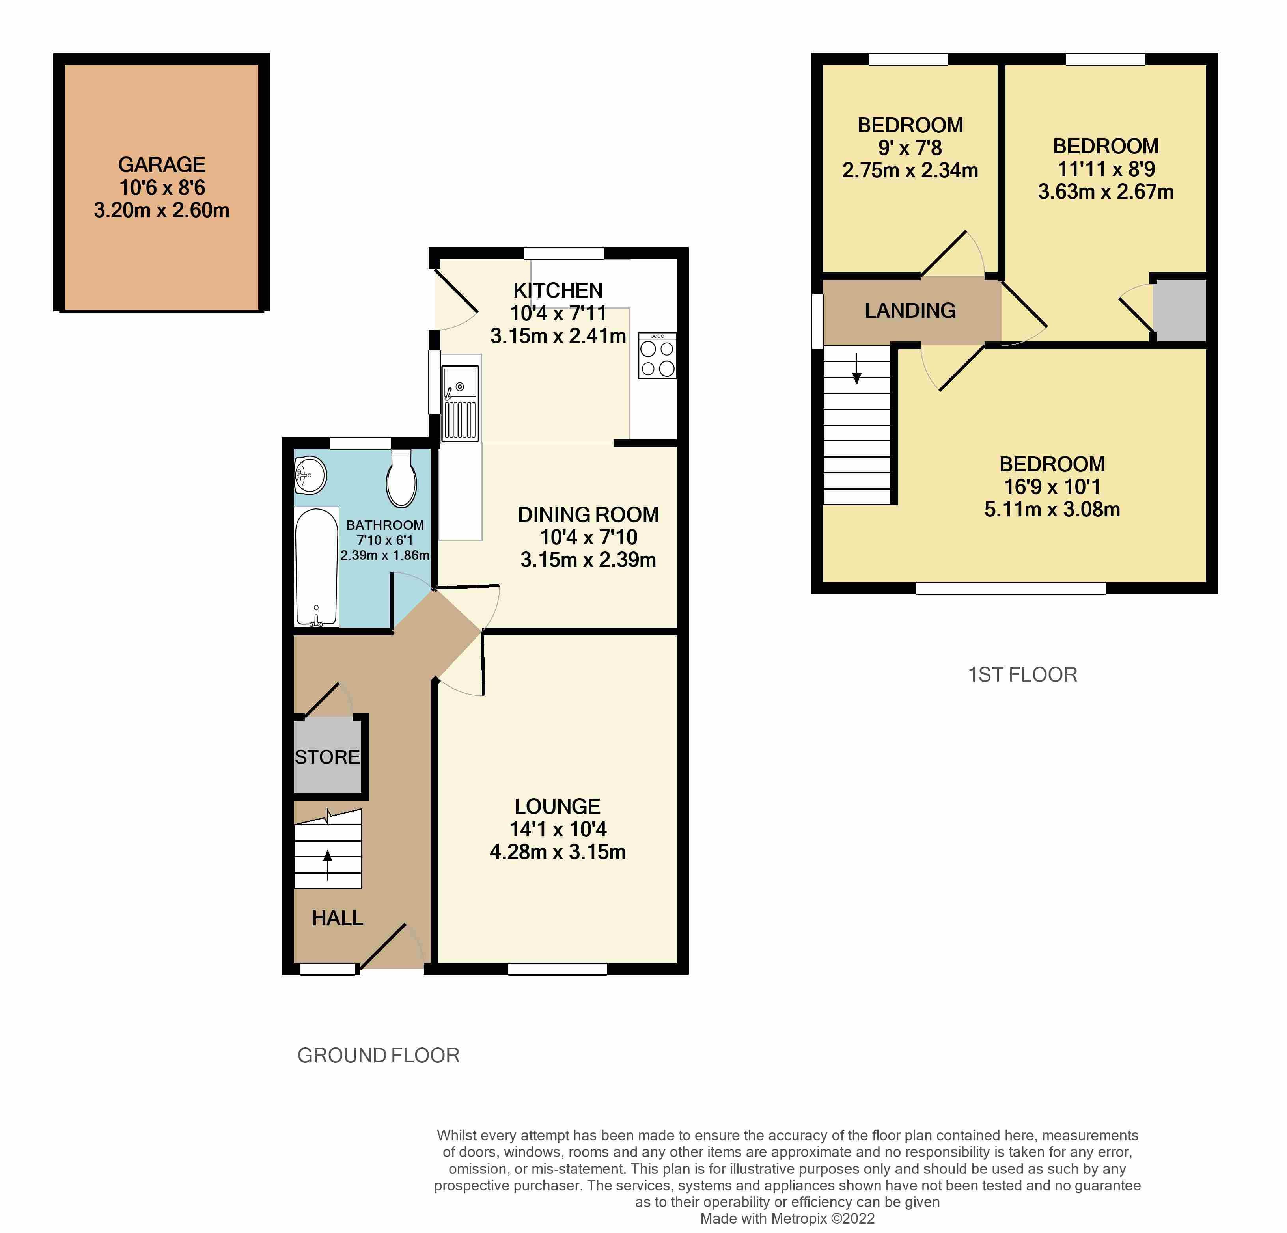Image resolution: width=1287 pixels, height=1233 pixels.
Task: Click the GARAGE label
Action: click(162, 164)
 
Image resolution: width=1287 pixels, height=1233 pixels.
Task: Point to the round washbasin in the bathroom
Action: click(310, 475)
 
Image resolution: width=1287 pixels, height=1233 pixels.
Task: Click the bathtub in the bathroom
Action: click(317, 566)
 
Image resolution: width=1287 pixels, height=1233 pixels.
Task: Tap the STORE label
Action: click(327, 757)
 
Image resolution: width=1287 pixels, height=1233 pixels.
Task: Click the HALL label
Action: click(338, 918)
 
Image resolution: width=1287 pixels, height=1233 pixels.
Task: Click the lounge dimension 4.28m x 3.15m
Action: click(558, 852)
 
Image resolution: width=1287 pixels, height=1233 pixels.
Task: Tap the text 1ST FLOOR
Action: click(1022, 674)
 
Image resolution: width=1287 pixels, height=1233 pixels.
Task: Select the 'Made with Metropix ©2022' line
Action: click(787, 1218)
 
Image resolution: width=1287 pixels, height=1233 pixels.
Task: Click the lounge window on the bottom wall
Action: click(558, 969)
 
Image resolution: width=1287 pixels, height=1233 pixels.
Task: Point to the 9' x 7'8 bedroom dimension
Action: click(910, 148)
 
